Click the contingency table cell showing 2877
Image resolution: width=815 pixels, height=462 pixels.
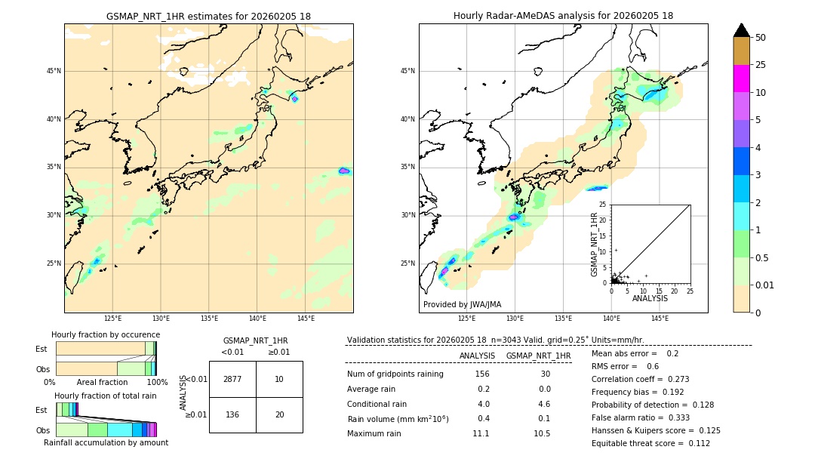pos(232,379)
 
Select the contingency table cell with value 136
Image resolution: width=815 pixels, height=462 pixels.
pos(232,414)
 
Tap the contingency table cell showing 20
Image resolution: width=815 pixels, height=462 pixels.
pos(279,414)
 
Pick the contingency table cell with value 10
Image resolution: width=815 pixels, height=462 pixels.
pos(279,379)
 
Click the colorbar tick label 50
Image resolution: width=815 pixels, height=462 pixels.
pos(761,38)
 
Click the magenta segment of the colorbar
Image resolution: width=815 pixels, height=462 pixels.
pos(742,79)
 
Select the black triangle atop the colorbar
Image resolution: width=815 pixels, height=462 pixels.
pos(742,30)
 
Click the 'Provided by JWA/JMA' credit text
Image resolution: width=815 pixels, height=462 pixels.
pos(462,304)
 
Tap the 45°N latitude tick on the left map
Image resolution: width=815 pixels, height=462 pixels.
pos(54,71)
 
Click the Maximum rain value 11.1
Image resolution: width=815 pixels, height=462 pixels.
pos(481,433)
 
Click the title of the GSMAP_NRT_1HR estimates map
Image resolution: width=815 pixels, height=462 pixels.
pos(208,16)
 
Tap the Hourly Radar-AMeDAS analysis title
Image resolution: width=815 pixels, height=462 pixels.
pos(563,16)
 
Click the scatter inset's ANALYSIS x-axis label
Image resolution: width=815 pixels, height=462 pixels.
pos(650,298)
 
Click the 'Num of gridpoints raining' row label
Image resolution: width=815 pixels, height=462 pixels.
pos(395,374)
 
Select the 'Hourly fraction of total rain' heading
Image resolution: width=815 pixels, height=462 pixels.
pos(106,396)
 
